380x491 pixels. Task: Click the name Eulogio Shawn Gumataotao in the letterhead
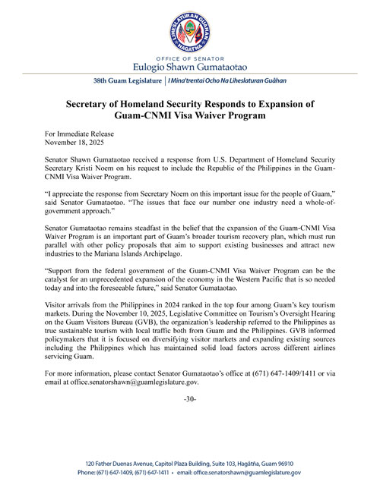pos(190,67)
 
